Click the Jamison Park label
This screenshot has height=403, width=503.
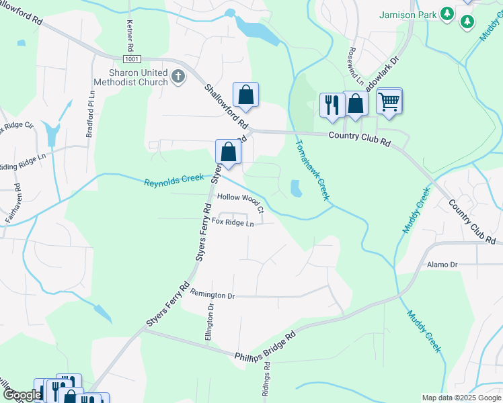point(408,14)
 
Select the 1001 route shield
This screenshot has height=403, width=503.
point(132,59)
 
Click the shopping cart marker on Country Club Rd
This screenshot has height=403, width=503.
point(389,102)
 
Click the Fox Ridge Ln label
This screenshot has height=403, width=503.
point(233,222)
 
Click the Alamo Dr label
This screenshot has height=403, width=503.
point(442,265)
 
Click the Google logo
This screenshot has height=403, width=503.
point(22,395)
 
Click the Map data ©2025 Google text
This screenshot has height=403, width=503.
point(461,398)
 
